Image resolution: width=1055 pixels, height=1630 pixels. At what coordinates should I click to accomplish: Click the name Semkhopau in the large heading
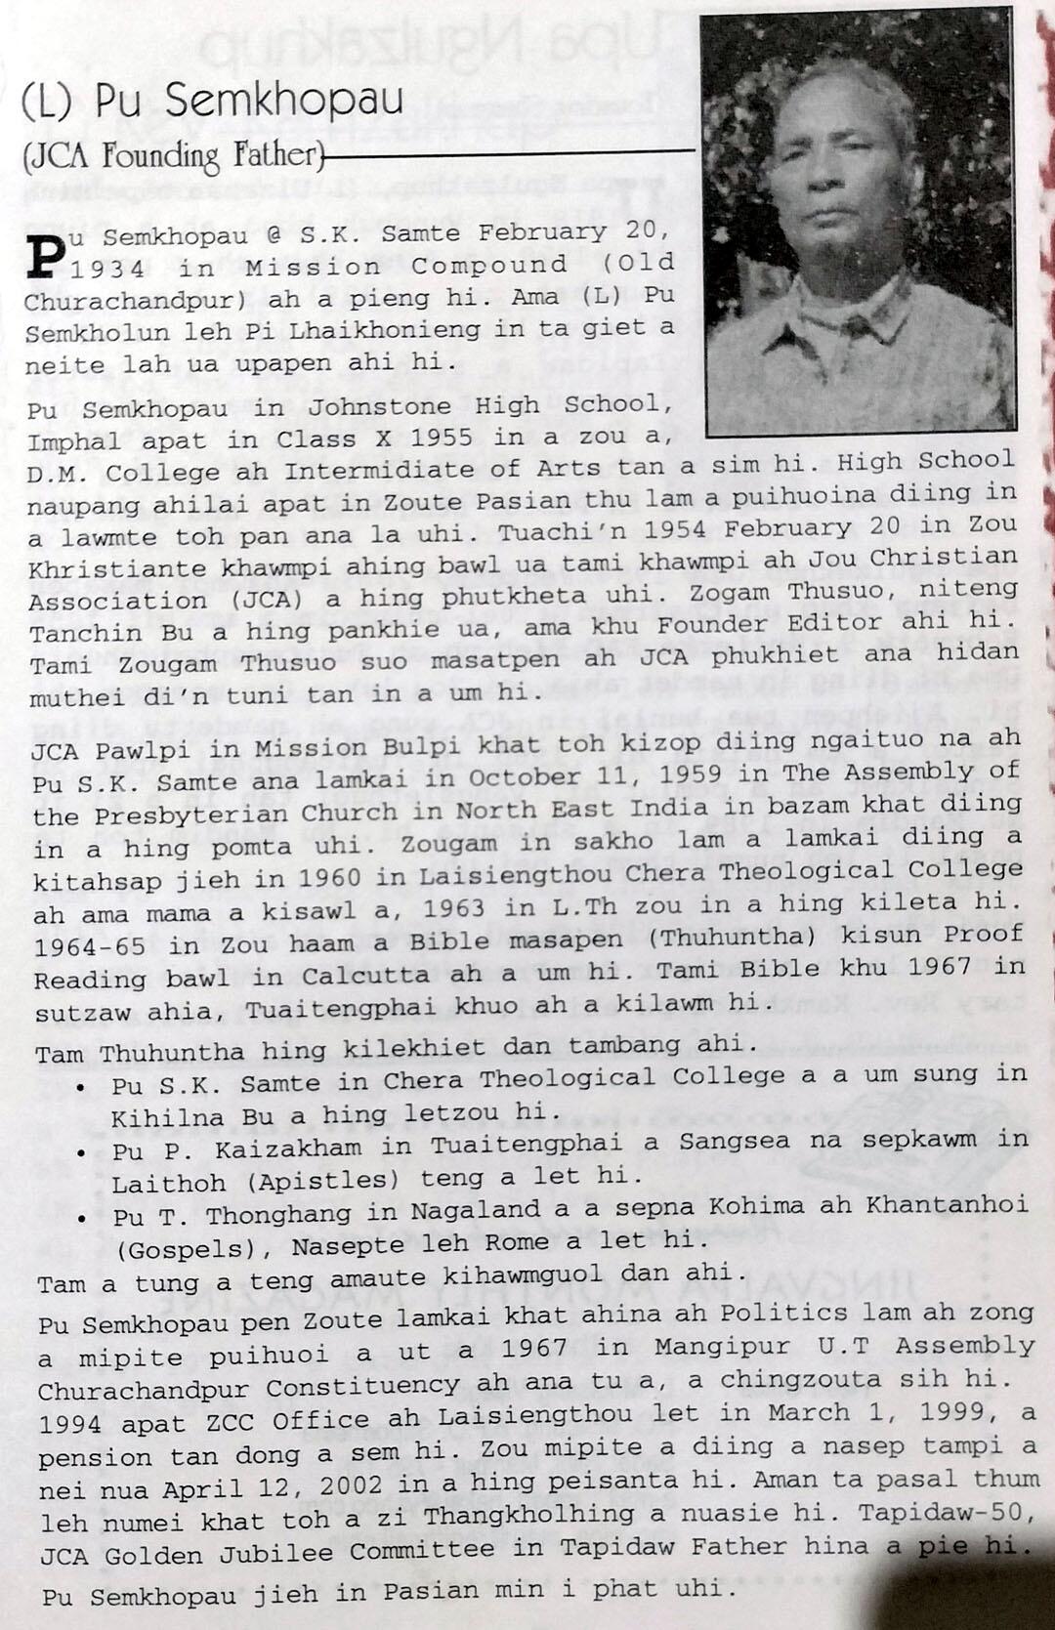point(283,101)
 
